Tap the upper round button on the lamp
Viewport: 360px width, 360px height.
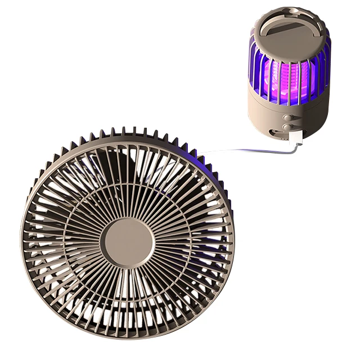[289, 118]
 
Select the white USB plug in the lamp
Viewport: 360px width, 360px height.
[296, 138]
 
